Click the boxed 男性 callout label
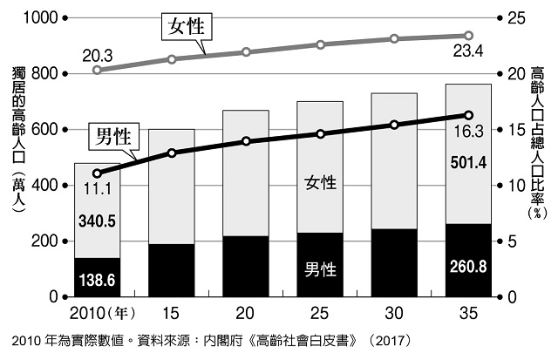(112, 135)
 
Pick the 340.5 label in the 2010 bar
(96, 221)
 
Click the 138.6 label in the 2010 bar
(96, 280)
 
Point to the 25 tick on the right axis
(514, 18)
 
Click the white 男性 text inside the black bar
(320, 268)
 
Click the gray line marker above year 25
(320, 44)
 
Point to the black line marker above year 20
(246, 141)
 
